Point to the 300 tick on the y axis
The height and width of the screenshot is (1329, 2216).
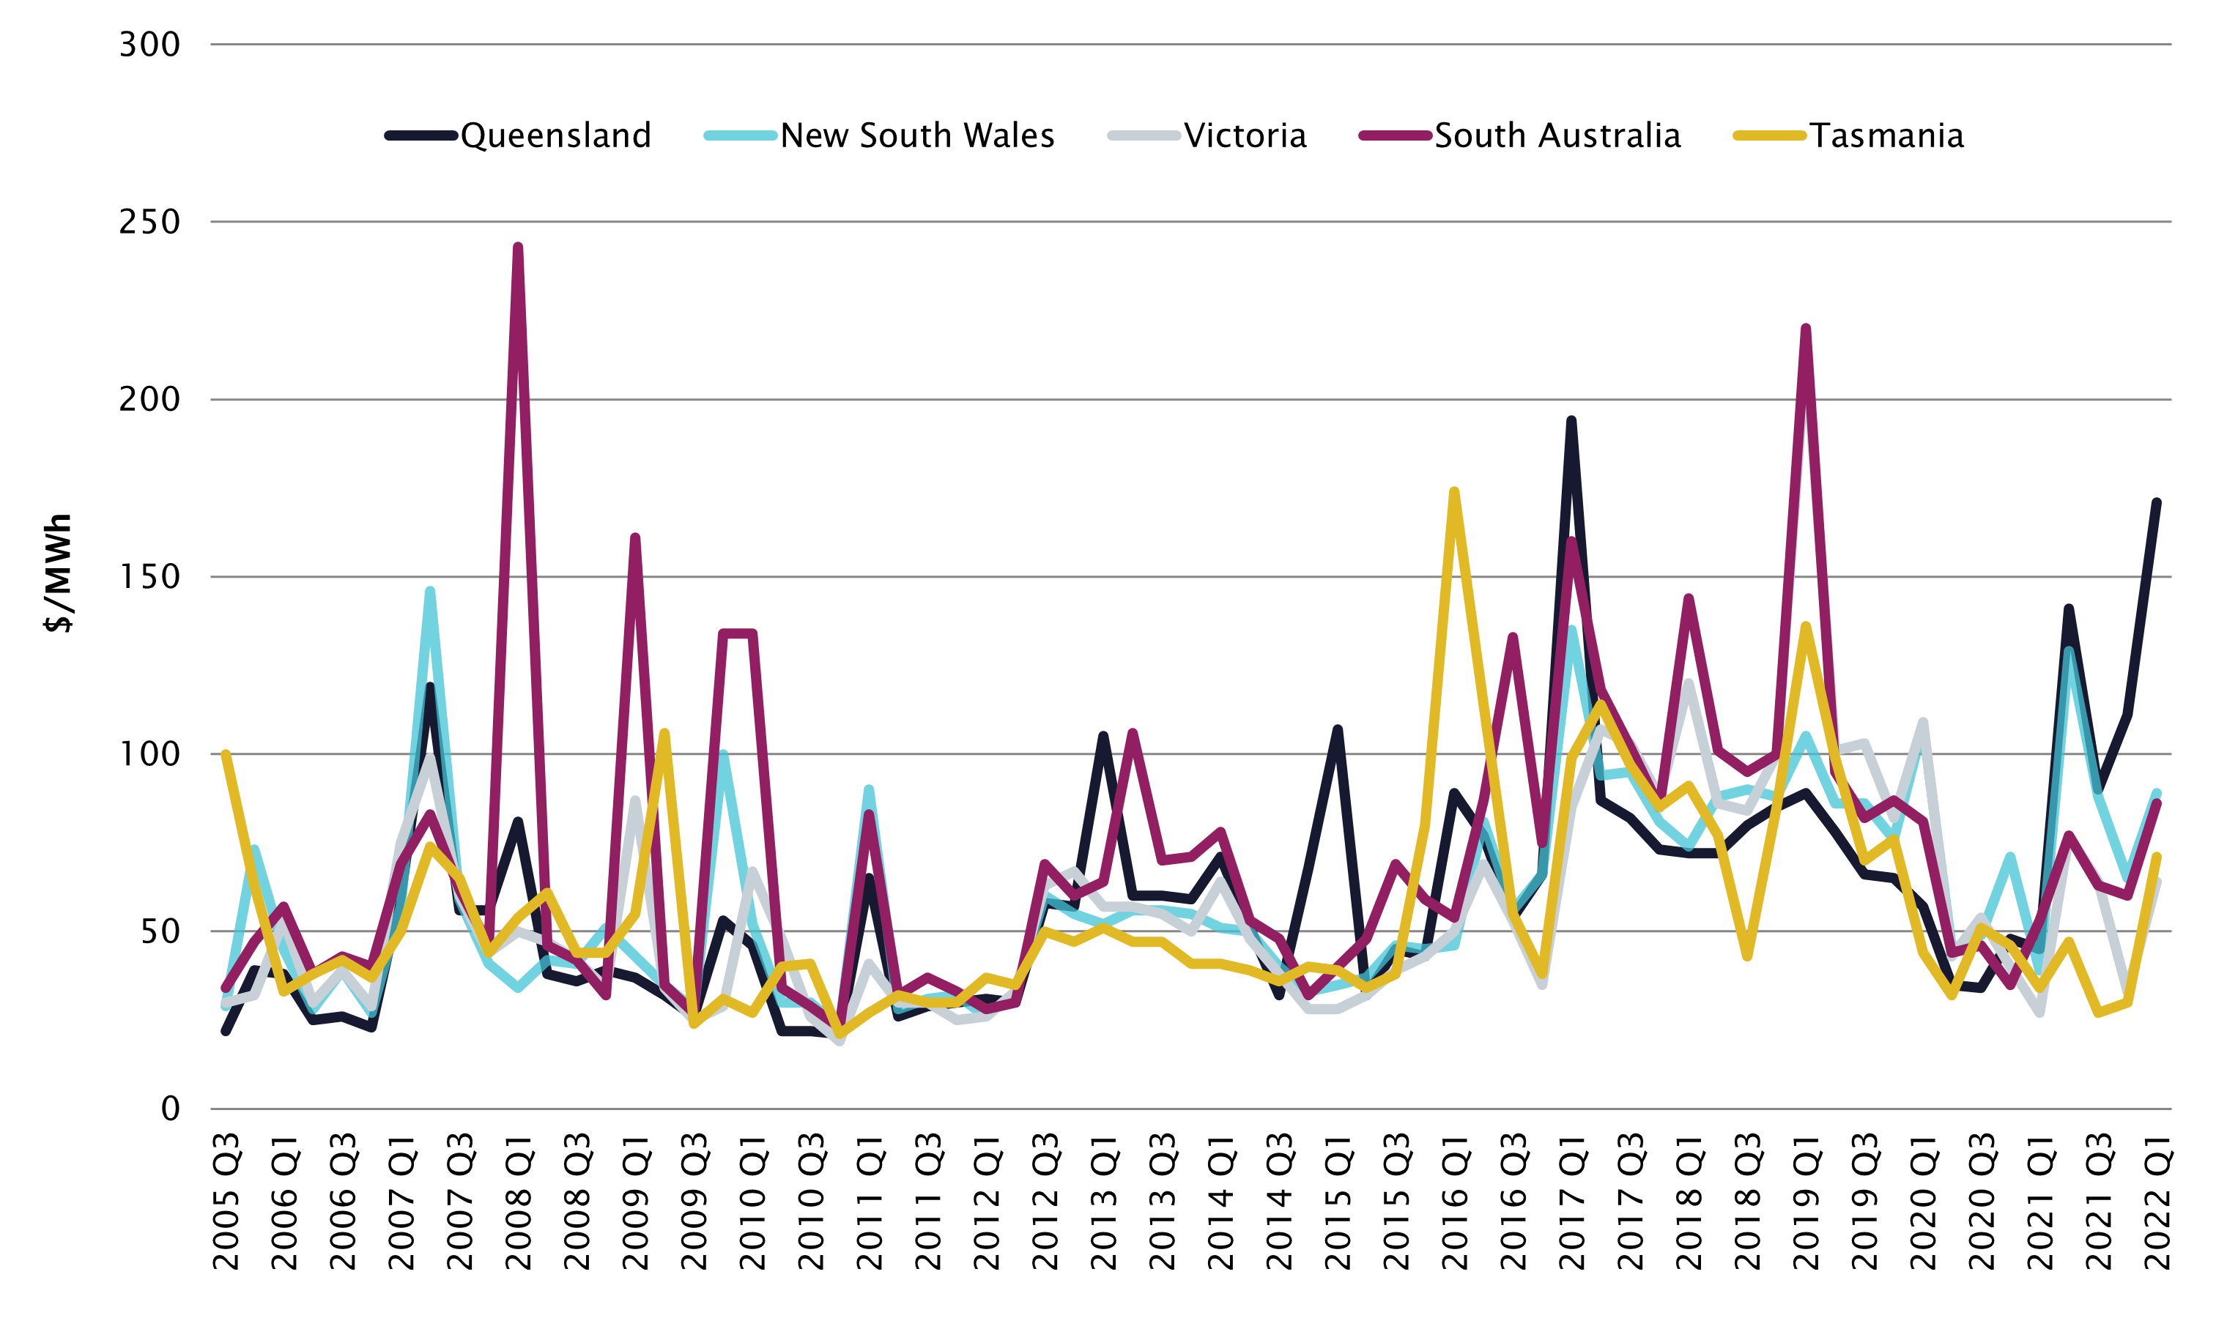(149, 44)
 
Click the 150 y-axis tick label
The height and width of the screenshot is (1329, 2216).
(149, 577)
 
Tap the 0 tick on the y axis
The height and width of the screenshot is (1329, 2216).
(170, 1109)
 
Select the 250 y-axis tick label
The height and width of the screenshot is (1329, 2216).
(149, 221)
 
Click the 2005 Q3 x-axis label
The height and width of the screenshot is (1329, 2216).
(226, 1201)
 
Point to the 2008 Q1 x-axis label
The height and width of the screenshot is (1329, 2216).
(519, 1201)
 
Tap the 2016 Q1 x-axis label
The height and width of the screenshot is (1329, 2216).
(1455, 1201)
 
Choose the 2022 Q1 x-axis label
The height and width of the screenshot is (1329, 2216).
(2157, 1201)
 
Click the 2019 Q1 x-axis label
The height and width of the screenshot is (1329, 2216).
(1806, 1201)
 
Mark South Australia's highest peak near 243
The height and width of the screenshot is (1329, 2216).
(519, 247)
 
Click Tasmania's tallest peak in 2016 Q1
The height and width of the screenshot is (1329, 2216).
(1455, 491)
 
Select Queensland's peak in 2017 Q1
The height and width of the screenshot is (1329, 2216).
(1571, 420)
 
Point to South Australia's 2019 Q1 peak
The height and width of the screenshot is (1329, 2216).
(1806, 328)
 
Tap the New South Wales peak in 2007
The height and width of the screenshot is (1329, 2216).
(431, 591)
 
